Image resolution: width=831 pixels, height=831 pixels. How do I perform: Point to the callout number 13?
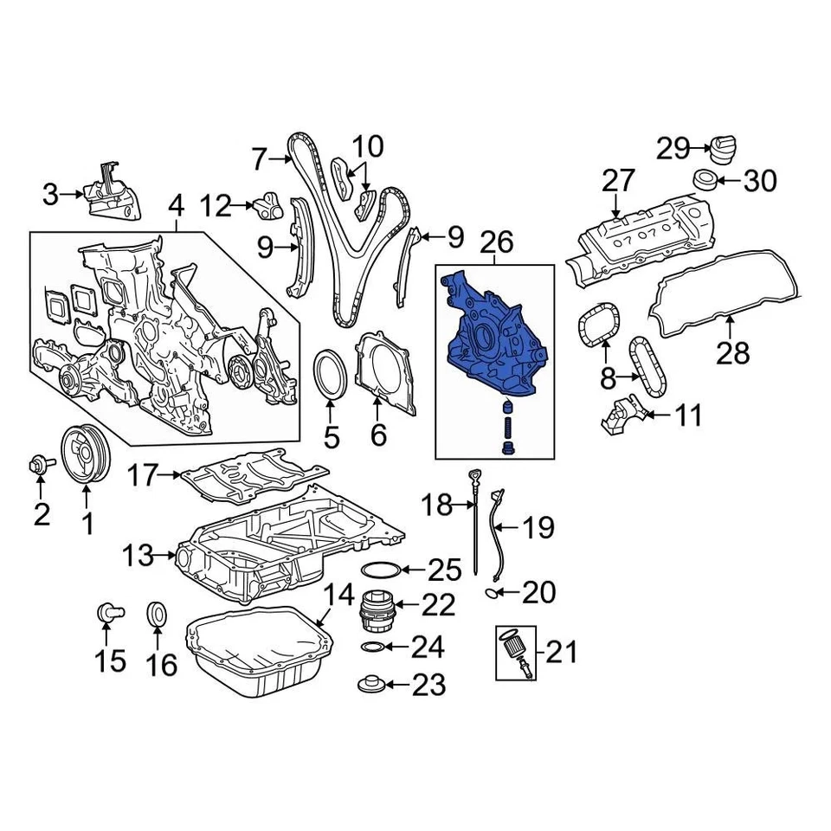(x=138, y=555)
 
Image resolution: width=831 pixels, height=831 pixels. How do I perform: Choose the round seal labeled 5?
(x=330, y=375)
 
